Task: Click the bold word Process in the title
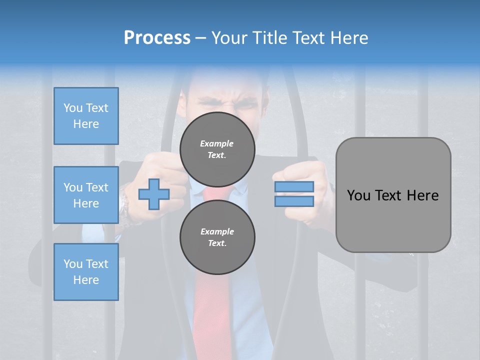point(157,38)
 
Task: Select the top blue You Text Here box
point(86,116)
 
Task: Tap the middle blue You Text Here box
point(86,195)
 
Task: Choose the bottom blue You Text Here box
point(86,272)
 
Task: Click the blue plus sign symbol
point(154,194)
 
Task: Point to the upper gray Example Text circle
point(217,149)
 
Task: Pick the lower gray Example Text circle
point(217,237)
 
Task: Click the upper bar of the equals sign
point(294,187)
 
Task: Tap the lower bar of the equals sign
point(294,201)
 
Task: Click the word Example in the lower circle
point(217,231)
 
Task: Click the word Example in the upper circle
point(217,143)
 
